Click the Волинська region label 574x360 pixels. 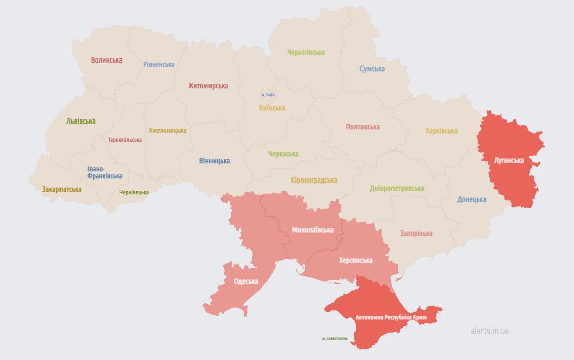(106, 60)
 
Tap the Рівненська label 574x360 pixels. (159, 65)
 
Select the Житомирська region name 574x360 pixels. (207, 86)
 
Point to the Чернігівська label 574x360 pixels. (306, 52)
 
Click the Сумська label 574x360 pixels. (372, 69)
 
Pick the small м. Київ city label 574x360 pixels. (268, 95)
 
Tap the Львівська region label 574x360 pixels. (80, 121)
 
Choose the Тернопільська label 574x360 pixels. (125, 140)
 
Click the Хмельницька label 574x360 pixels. (167, 131)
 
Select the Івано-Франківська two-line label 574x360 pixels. (104, 172)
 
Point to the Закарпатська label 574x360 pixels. (62, 189)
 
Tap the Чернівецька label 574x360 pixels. (134, 192)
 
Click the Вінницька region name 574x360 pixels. (214, 161)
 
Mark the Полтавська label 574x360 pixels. (362, 127)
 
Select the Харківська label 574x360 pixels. (441, 131)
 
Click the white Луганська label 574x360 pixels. (509, 160)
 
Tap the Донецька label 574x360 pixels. (471, 199)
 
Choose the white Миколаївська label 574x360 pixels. (313, 230)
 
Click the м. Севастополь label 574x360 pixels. (335, 338)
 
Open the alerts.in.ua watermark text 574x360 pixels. (490, 331)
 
